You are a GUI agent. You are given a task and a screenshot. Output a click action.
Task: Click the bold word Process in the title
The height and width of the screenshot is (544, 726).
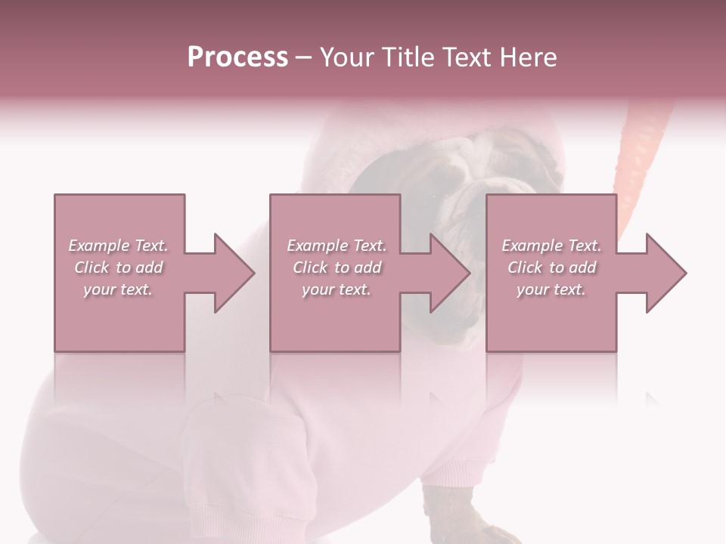click(237, 57)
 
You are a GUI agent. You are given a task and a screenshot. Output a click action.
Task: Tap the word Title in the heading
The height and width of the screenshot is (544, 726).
click(405, 57)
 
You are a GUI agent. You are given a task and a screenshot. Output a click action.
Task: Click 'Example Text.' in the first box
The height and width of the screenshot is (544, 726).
click(118, 246)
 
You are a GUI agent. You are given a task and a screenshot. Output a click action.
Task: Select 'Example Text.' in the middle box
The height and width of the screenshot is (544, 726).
click(337, 246)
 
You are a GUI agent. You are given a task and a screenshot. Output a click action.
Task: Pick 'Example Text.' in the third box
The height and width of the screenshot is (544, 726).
click(551, 246)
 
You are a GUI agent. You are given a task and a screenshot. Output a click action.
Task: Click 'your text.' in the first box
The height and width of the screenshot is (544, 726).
click(118, 289)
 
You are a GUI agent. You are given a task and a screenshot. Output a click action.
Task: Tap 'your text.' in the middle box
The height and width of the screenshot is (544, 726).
click(337, 289)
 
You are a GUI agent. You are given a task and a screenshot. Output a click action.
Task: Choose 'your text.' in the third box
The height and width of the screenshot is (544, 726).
click(551, 289)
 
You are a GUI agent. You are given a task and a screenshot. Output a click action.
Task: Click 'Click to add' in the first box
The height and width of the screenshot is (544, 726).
click(118, 267)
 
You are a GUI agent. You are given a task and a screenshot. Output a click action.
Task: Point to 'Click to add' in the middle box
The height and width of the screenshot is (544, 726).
click(337, 267)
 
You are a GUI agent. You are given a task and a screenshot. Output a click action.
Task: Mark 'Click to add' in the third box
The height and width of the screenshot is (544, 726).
click(551, 267)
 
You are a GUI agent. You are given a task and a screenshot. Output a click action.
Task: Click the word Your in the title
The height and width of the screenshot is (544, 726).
click(346, 57)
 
